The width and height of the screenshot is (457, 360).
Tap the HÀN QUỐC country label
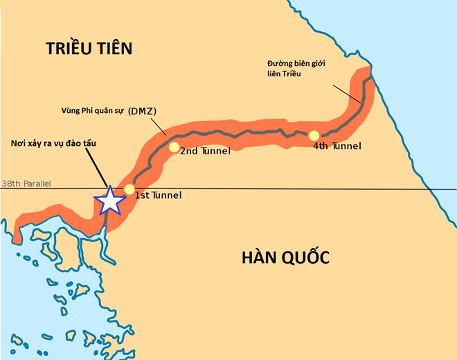[285, 258]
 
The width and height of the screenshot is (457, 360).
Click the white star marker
[109, 200]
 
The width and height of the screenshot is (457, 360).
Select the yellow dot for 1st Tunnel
[129, 190]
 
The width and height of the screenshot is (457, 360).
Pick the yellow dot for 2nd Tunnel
[174, 147]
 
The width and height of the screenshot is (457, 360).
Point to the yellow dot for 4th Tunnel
[314, 136]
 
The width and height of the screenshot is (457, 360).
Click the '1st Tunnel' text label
[158, 195]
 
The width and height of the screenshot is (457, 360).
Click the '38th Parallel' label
[26, 184]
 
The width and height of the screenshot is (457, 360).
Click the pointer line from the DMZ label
[156, 125]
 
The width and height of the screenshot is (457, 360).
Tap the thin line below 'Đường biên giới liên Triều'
[346, 94]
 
